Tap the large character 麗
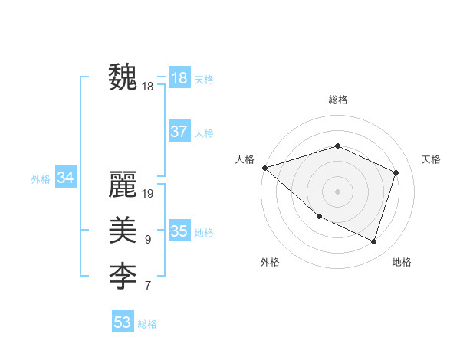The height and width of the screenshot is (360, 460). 123,185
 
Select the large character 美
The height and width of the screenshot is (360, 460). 123,230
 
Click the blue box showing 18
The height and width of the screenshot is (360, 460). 179,78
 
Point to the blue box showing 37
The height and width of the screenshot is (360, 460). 179,132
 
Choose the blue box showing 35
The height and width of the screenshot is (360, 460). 179,231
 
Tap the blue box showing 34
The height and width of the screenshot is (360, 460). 66,178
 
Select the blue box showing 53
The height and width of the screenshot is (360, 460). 123,322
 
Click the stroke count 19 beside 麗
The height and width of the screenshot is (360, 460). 149,194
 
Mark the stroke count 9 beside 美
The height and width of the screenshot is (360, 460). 148,240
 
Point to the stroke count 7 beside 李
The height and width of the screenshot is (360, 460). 148,286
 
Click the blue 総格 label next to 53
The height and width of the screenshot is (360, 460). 147,324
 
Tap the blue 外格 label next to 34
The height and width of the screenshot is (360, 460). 41,179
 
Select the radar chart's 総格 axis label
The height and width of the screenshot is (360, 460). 338,100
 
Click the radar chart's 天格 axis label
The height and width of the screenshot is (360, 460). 431,159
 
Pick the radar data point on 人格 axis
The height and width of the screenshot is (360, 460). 264,168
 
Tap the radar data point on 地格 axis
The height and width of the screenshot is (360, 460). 374,242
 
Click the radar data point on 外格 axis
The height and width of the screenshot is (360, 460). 319,217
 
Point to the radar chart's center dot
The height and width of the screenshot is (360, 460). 337,191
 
